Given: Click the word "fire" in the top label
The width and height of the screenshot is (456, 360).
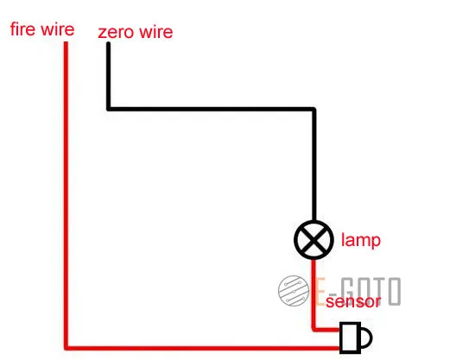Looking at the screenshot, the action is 22,29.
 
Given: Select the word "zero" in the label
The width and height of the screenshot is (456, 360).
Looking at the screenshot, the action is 116,33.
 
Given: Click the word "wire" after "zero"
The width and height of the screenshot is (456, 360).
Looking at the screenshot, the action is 155,31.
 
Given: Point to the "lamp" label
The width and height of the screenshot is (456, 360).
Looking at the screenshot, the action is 361,240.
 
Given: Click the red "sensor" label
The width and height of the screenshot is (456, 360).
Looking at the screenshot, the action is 353,301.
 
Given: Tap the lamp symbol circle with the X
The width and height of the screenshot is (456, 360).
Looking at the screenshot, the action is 313,240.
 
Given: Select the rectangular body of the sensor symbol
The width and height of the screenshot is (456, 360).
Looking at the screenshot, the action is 350,338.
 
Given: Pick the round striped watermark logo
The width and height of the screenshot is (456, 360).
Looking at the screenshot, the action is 294,290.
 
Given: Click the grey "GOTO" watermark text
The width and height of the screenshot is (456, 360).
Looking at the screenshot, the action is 370,291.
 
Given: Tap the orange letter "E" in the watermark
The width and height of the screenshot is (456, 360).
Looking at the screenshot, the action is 320,292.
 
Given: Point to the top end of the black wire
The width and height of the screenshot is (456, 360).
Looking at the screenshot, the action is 109,43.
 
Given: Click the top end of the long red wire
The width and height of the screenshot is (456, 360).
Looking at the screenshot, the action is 66,43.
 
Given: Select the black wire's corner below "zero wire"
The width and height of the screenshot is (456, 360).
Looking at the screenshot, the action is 109,109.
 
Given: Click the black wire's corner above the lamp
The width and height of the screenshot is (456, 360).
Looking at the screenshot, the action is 314,110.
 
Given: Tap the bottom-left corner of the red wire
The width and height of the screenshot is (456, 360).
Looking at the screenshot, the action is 66,348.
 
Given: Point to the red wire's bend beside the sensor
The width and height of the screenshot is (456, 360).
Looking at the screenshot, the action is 313,330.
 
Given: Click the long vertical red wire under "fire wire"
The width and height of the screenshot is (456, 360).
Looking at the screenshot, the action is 66,195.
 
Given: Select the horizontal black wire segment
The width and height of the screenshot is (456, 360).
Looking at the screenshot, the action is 211,109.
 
